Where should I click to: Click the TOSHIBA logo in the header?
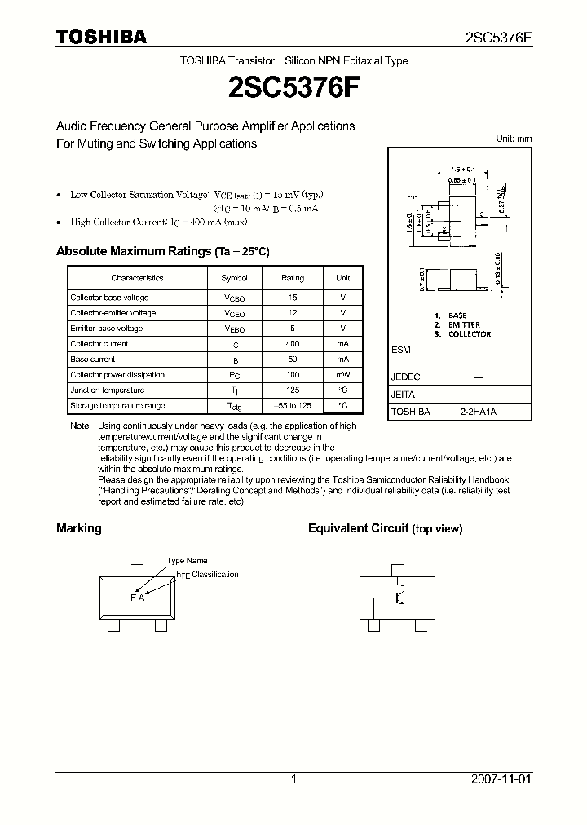[x=101, y=37]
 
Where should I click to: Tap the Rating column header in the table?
[x=293, y=278]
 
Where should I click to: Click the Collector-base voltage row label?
[x=109, y=298]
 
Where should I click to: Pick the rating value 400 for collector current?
[x=293, y=344]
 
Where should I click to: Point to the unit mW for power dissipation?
[x=342, y=375]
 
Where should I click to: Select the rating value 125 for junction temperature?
[x=293, y=390]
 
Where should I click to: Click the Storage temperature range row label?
[x=117, y=405]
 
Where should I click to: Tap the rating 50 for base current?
[x=293, y=360]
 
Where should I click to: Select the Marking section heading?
[x=79, y=528]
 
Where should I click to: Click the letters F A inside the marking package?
[x=137, y=598]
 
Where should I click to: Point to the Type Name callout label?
[x=188, y=561]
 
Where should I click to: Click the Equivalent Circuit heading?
[x=358, y=528]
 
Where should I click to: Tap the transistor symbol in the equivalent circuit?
[x=399, y=598]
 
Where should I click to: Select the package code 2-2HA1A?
[x=478, y=412]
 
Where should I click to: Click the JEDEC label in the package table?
[x=406, y=377]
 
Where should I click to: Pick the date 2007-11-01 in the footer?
[x=501, y=779]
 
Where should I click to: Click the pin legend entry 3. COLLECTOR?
[x=463, y=334]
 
